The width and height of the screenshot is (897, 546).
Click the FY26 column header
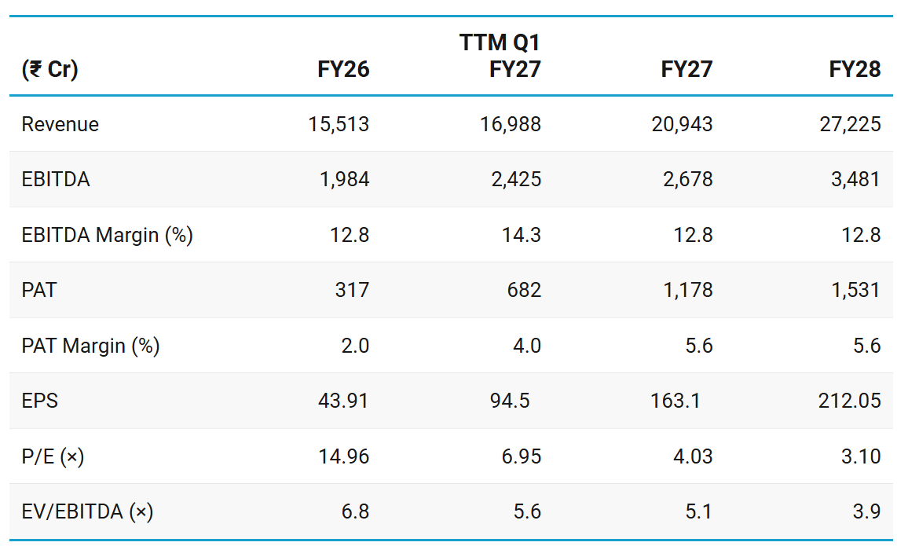(x=343, y=69)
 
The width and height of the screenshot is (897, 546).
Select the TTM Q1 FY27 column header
(x=500, y=56)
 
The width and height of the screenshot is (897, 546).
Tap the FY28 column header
(x=855, y=69)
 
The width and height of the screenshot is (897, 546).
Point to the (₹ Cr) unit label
(x=49, y=69)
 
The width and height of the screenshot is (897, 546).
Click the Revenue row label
(x=60, y=124)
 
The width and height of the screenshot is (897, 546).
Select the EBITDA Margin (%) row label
(x=107, y=235)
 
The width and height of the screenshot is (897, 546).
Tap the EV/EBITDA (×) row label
(x=87, y=511)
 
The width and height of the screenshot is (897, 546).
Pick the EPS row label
(x=40, y=401)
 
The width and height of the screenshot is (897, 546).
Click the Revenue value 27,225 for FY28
(x=850, y=124)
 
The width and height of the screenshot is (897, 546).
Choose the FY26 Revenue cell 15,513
(x=339, y=124)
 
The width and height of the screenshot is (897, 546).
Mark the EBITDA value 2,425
(x=516, y=180)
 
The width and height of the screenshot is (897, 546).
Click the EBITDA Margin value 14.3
(x=521, y=235)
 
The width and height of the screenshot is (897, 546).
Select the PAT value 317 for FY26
(x=352, y=290)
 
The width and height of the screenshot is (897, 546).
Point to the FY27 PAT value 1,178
(x=687, y=290)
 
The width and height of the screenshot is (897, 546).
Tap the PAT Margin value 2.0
(x=355, y=346)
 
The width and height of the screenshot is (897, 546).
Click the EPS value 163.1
(x=675, y=401)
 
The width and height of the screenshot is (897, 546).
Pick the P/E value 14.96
(x=344, y=456)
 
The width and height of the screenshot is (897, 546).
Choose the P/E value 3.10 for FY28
(x=861, y=456)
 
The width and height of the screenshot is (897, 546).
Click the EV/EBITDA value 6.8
(x=355, y=511)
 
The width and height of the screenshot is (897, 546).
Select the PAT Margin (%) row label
(x=90, y=346)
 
